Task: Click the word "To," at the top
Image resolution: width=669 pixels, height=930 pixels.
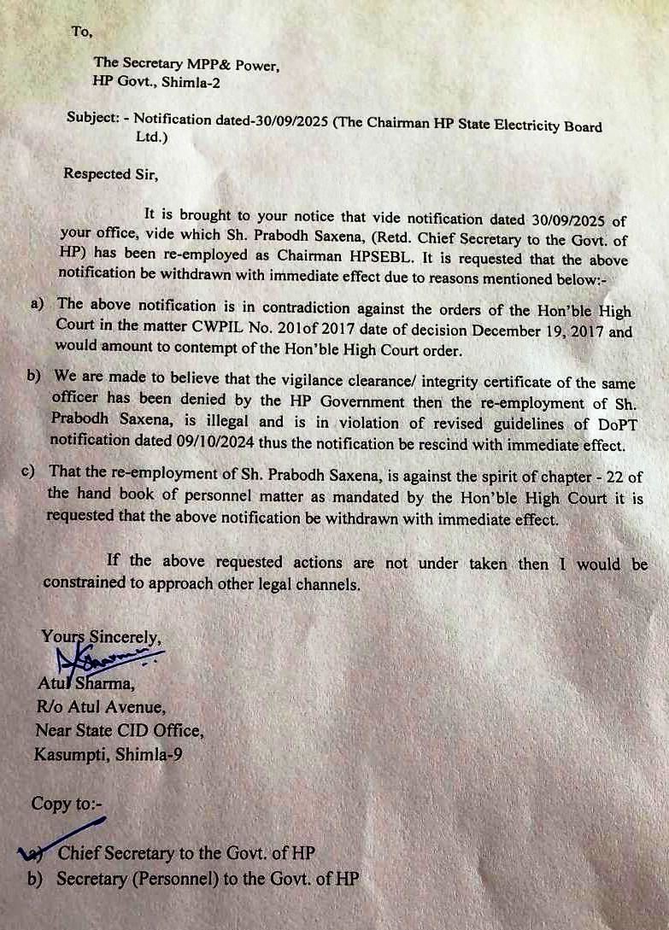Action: [x=83, y=32]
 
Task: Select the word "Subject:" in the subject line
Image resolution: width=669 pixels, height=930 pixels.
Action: [x=92, y=117]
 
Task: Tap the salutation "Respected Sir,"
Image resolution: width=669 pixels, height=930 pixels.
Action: [x=111, y=173]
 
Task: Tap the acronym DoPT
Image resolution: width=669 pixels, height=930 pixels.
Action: [x=608, y=425]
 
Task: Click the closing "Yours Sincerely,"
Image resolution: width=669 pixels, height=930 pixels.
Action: [x=101, y=636]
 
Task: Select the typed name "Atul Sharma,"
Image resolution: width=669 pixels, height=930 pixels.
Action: [x=86, y=685]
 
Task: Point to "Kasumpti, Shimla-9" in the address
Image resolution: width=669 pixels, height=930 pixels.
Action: [x=108, y=755]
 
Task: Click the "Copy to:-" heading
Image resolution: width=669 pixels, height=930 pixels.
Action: [x=67, y=804]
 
